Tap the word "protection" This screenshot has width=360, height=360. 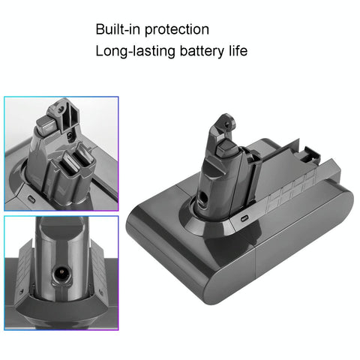[177, 30]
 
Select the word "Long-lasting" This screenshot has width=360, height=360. [131, 52]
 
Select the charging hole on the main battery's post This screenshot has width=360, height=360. [205, 199]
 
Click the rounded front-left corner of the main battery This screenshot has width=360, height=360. [139, 225]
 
